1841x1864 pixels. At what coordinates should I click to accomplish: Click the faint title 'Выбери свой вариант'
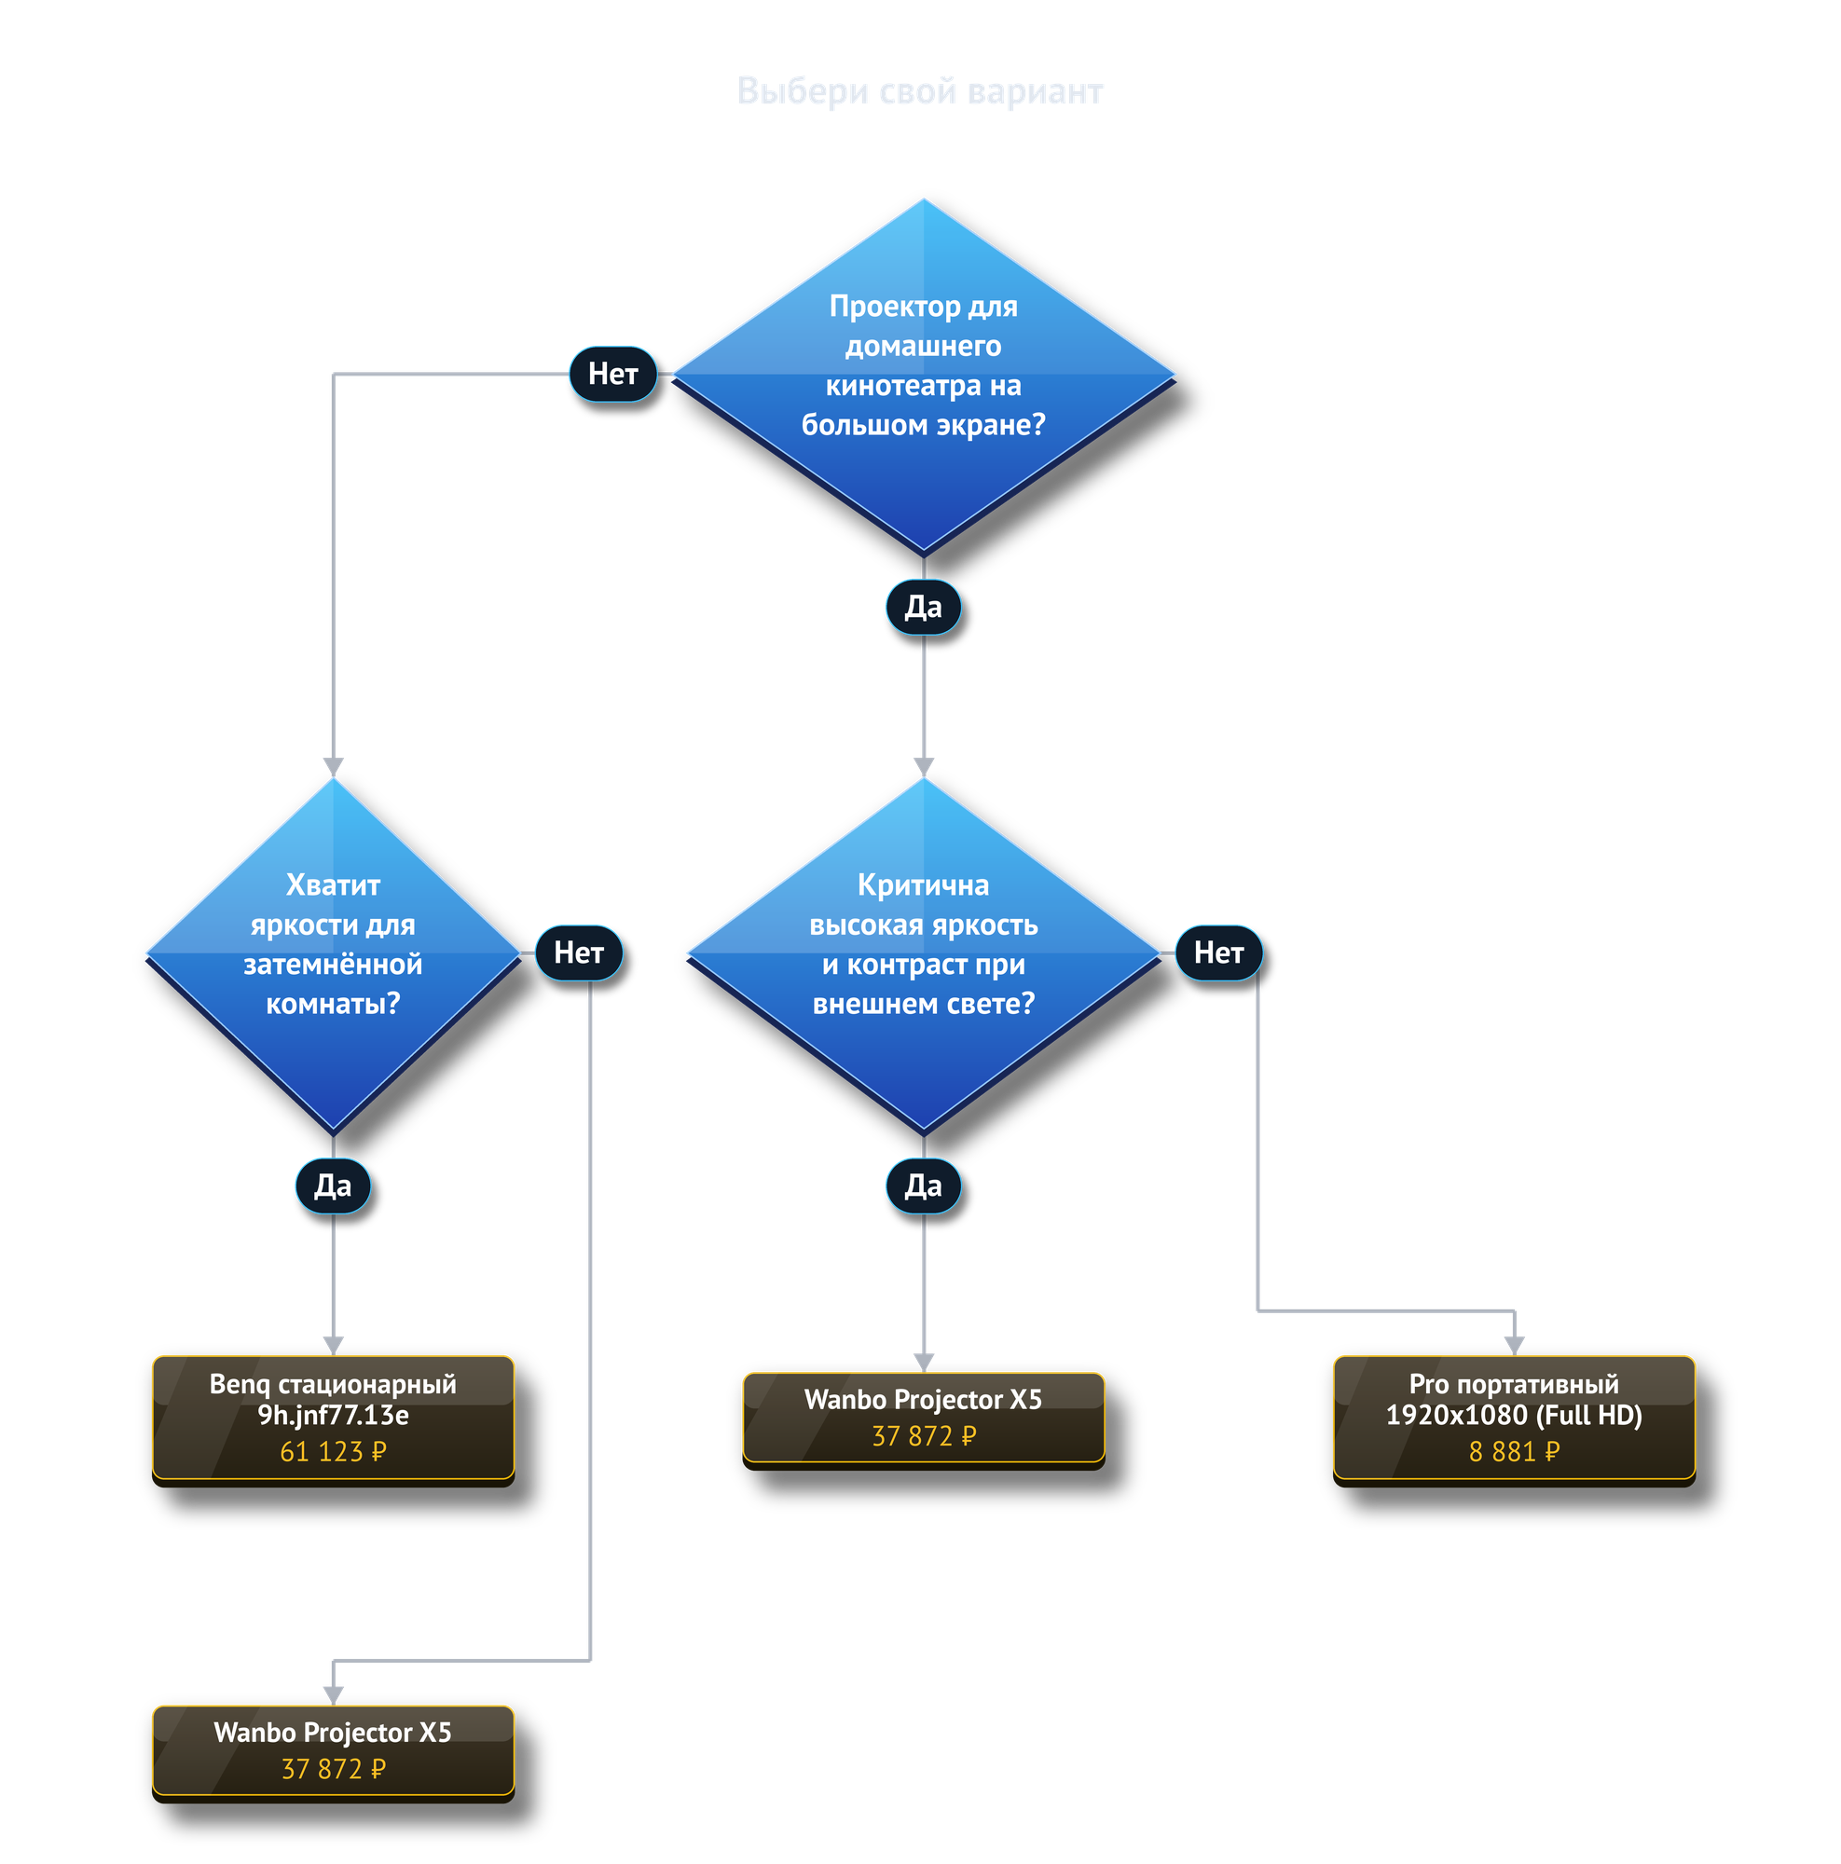(x=919, y=90)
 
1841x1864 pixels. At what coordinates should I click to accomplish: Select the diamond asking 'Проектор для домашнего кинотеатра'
(x=924, y=376)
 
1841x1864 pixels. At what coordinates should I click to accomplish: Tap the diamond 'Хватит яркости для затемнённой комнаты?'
(x=333, y=954)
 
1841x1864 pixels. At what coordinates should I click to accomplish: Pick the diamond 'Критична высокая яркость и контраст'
(x=924, y=954)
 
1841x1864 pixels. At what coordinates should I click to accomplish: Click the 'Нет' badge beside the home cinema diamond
(x=612, y=374)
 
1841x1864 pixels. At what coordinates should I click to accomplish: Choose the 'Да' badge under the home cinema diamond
(x=924, y=607)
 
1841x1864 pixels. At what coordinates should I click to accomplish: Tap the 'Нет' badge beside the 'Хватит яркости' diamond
(x=579, y=953)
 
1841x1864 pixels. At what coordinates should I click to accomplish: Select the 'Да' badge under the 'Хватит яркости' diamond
(x=333, y=1186)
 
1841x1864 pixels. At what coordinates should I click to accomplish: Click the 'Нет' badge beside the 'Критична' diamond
(x=1218, y=953)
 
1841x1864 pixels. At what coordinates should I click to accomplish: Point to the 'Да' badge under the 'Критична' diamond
(x=924, y=1186)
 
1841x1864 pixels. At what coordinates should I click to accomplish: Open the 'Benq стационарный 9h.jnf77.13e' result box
(x=333, y=1419)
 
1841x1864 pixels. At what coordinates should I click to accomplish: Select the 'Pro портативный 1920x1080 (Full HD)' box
(x=1514, y=1419)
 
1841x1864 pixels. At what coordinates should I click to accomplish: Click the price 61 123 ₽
(x=333, y=1452)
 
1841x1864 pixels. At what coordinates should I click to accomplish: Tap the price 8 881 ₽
(x=1514, y=1452)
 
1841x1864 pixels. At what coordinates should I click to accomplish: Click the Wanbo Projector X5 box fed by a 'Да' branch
(x=924, y=1419)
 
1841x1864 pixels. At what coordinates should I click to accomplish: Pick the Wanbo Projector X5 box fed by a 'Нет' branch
(x=333, y=1752)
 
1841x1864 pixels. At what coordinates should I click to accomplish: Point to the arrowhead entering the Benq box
(x=333, y=1347)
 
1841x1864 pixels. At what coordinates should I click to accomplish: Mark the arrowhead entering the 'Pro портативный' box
(x=1514, y=1347)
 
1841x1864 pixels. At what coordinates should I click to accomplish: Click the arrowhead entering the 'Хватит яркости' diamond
(x=333, y=767)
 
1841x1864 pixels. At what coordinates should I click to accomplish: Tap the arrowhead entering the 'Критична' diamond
(x=924, y=767)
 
